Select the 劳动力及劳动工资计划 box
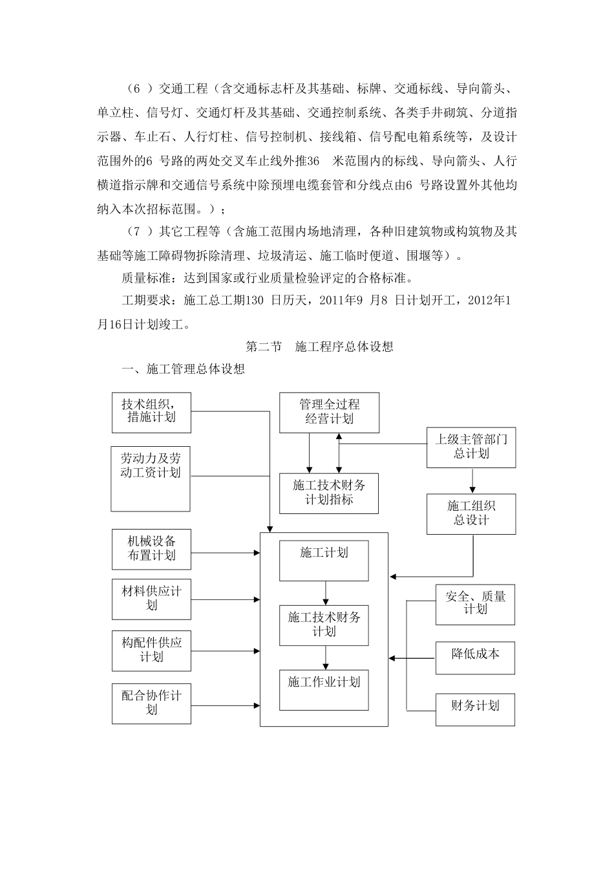click(151, 478)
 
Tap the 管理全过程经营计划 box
click(329, 412)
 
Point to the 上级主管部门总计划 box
click(471, 447)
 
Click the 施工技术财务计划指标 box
click(329, 493)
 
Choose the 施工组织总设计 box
click(471, 513)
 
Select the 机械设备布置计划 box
click(151, 549)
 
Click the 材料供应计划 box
click(151, 599)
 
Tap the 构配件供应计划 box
click(151, 650)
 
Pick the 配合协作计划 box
click(151, 703)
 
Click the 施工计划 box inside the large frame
click(324, 561)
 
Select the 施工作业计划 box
click(324, 690)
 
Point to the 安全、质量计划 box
click(475, 605)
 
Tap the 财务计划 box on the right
click(475, 709)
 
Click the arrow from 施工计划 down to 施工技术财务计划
click(325, 593)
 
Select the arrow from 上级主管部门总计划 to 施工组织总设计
click(472, 480)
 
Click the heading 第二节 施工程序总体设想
click(320, 347)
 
